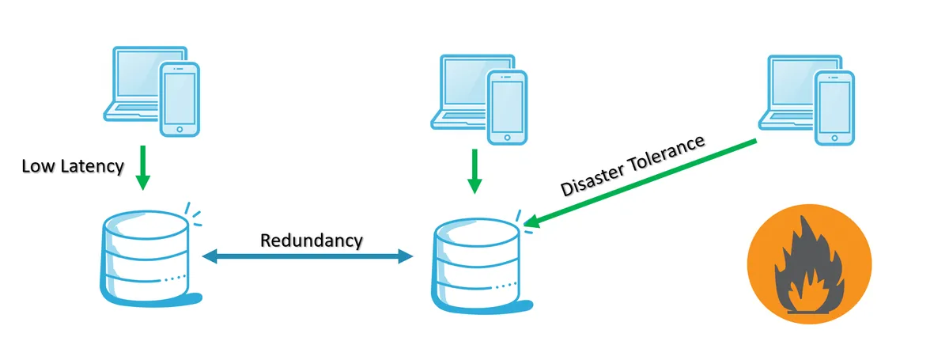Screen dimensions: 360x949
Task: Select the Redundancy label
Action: [x=312, y=239]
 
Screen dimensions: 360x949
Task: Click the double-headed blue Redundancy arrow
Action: [x=308, y=256]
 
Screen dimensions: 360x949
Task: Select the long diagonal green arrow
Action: [x=641, y=184]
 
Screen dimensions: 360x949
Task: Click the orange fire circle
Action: [x=809, y=264]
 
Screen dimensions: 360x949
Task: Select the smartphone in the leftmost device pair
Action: [x=180, y=98]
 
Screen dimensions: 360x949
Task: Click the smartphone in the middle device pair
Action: [x=507, y=107]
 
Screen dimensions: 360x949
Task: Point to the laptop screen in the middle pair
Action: [x=463, y=83]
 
